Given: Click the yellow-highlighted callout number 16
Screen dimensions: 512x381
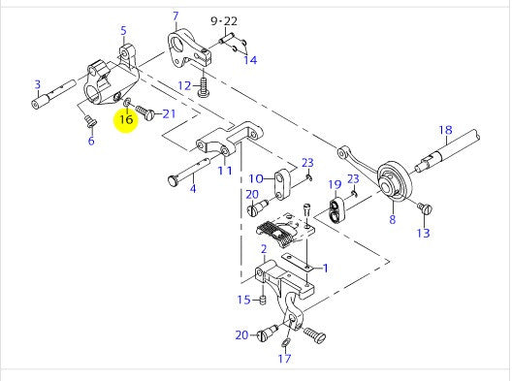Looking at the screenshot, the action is click(x=126, y=119).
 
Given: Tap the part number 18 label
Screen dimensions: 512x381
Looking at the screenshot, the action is click(x=445, y=130).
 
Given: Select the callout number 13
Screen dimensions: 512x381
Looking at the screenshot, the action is click(x=423, y=233).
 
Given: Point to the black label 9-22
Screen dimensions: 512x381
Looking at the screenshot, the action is click(x=224, y=21).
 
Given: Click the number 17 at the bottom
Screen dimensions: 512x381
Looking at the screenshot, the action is click(x=284, y=359).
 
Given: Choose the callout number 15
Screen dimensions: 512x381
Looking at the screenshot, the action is click(x=244, y=300).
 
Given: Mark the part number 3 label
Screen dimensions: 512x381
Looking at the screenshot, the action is click(x=38, y=84).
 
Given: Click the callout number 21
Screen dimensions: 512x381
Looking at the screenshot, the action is click(x=169, y=113).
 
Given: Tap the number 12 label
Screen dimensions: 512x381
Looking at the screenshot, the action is click(x=184, y=86).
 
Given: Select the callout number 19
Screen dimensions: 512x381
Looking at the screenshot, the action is click(x=335, y=185).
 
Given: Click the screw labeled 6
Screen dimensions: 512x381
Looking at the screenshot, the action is click(x=90, y=121).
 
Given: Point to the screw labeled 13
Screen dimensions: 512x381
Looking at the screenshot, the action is click(x=425, y=208).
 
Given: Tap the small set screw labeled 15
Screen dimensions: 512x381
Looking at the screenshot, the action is click(x=263, y=300).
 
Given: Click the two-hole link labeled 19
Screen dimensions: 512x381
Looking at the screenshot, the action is click(x=336, y=210).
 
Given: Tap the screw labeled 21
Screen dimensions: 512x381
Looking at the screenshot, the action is click(x=145, y=112).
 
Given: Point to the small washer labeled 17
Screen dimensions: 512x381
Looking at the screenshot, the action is click(x=284, y=343).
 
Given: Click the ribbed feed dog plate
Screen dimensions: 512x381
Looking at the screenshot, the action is click(x=276, y=234).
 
